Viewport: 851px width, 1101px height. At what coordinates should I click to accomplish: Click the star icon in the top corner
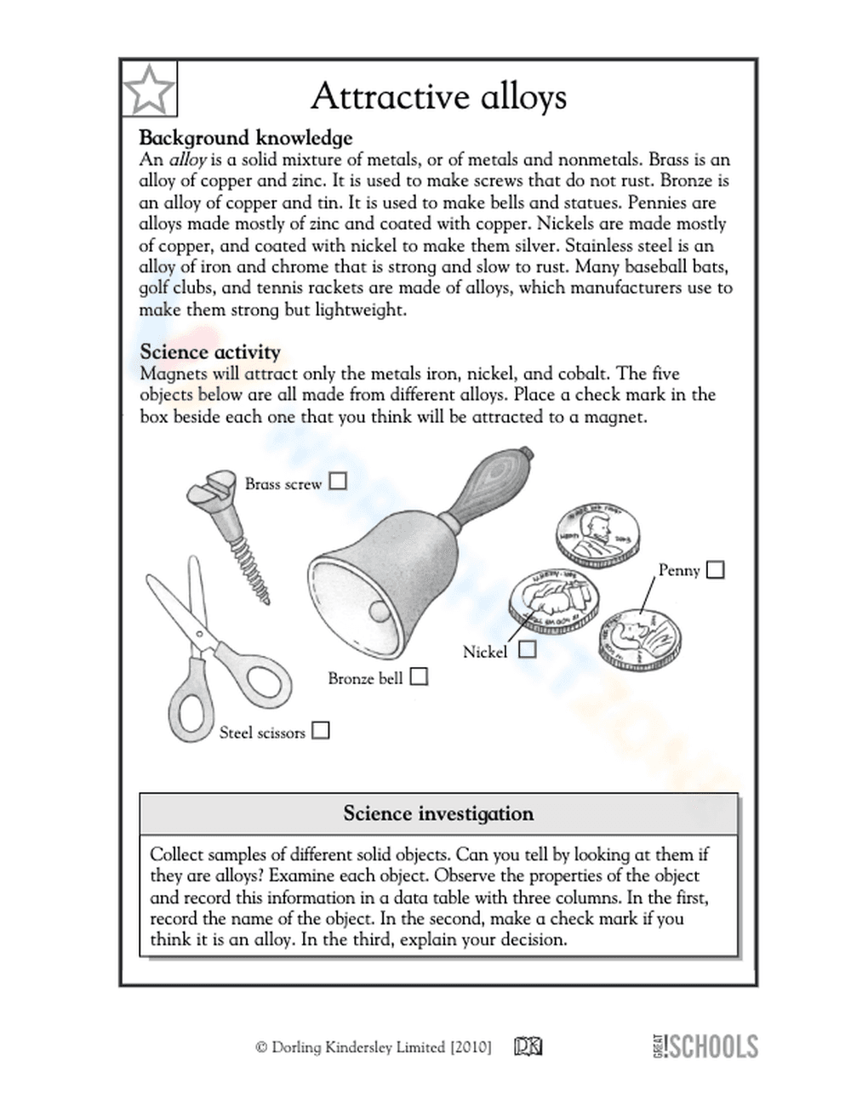[149, 88]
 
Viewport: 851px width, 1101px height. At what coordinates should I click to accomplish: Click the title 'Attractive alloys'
[438, 96]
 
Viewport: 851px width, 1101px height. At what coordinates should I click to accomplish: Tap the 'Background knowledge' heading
[245, 138]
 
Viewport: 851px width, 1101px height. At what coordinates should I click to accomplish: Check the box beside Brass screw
[338, 482]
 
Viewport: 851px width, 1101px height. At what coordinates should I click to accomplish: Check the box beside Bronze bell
[419, 677]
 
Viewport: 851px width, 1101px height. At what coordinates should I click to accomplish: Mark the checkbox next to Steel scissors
[320, 731]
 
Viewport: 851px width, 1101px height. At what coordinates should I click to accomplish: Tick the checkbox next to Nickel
[528, 650]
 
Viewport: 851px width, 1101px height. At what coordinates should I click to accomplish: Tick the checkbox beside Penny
[716, 569]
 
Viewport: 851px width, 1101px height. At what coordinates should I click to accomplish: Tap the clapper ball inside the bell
[377, 611]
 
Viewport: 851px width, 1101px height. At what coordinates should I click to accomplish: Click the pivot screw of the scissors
[201, 637]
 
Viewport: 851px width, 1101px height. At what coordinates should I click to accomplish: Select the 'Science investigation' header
[438, 814]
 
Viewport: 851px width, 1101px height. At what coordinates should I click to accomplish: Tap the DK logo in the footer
[528, 1047]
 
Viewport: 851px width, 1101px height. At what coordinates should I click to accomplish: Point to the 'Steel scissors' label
[262, 733]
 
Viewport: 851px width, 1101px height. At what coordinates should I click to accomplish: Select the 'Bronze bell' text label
[365, 679]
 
